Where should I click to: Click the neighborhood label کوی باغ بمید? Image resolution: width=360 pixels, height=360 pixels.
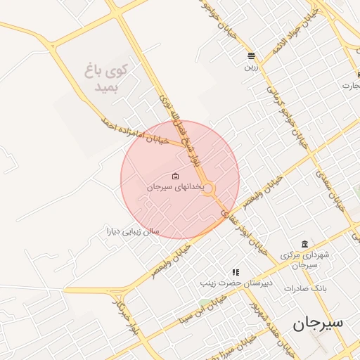[x=110, y=78]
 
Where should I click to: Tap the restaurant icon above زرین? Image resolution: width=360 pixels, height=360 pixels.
[x=251, y=56]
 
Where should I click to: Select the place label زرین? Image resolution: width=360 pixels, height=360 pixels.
[x=251, y=68]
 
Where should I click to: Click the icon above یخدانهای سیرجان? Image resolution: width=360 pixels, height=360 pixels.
[x=175, y=176]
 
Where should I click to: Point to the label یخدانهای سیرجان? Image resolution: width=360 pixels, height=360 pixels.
[x=175, y=188]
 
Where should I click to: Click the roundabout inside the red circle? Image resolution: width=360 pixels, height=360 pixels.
[x=208, y=188]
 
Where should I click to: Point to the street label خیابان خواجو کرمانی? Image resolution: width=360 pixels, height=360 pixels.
[x=285, y=112]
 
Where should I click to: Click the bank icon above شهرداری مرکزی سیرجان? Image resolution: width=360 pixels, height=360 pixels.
[x=304, y=243]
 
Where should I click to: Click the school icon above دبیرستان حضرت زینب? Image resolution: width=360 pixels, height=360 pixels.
[x=236, y=271]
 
